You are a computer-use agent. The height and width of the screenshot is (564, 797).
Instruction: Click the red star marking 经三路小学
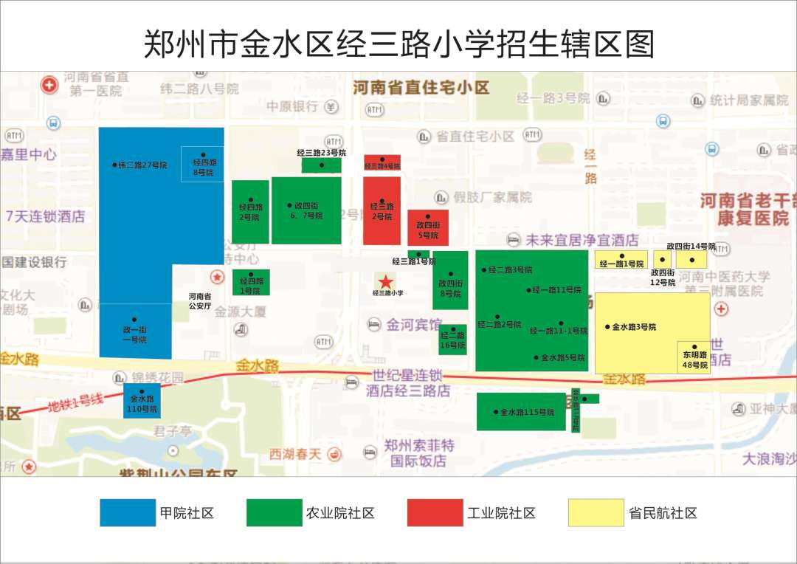coord(384,281)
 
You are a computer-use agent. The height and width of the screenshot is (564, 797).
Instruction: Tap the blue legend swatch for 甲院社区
coord(128,513)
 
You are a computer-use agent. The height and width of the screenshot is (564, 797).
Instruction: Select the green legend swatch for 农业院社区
coord(274,513)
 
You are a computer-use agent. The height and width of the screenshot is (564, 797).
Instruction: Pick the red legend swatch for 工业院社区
coord(435,513)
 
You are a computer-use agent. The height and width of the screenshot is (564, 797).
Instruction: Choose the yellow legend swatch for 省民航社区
coord(596,513)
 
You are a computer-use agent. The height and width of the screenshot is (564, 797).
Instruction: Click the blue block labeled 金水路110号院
coord(142,401)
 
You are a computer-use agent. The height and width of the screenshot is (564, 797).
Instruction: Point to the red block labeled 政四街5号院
coord(428,227)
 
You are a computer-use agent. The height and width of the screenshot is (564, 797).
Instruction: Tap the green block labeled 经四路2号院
coord(250,211)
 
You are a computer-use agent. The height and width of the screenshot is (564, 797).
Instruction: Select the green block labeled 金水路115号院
coord(521,411)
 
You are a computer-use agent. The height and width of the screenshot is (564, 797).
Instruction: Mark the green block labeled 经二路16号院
coord(452,340)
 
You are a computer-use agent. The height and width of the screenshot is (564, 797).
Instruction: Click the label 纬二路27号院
coord(142,165)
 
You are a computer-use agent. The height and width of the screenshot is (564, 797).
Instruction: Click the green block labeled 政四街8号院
coord(450,281)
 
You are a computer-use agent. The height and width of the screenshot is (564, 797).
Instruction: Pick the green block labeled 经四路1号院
coord(251,283)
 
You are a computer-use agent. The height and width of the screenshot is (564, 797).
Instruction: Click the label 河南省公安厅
coord(199,300)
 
